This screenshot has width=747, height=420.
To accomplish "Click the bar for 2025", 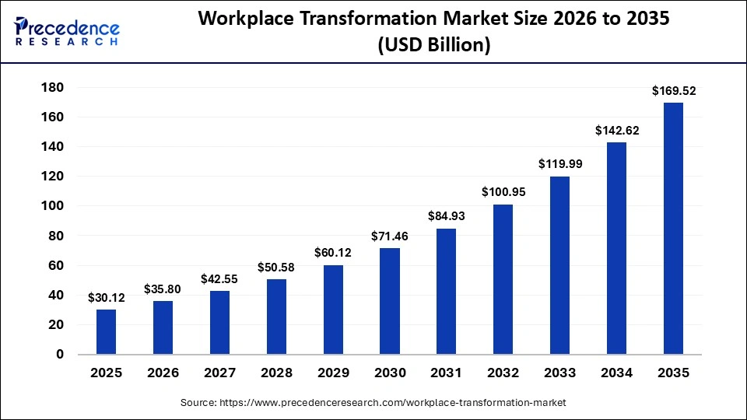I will pyautogui.click(x=106, y=332).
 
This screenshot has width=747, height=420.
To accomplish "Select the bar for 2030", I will pyautogui.click(x=389, y=302).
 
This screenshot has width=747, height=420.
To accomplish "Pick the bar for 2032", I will pyautogui.click(x=503, y=280).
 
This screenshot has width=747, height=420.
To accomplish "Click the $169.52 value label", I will pyautogui.click(x=674, y=91).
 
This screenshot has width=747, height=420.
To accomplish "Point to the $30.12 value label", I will pyautogui.click(x=107, y=297).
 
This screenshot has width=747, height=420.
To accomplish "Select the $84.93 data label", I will pyautogui.click(x=447, y=216).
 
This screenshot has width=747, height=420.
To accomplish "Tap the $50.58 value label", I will pyautogui.click(x=277, y=268).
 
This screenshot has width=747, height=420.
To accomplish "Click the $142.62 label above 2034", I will pyautogui.click(x=617, y=131).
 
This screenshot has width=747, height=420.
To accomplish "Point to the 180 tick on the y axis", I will pyautogui.click(x=51, y=87).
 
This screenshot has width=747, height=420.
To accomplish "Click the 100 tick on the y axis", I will pyautogui.click(x=51, y=206).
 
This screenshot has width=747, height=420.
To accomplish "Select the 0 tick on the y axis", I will pyautogui.click(x=59, y=355).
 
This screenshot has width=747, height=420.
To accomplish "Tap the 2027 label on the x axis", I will pyautogui.click(x=219, y=373).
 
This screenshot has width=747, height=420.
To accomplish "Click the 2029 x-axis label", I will pyautogui.click(x=333, y=373).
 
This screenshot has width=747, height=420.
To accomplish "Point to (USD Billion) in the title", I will pyautogui.click(x=434, y=46).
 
